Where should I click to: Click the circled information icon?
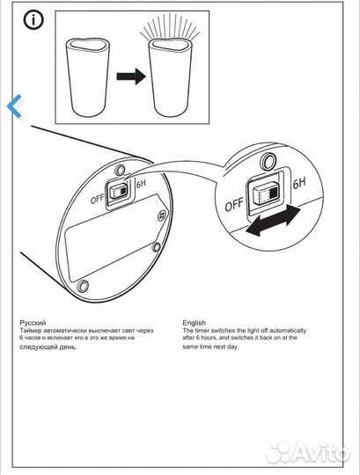pos(33,20)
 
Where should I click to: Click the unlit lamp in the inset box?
pos(87,77)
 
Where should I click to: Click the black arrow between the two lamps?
pos(131,76)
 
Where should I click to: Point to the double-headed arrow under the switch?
pos(273,220)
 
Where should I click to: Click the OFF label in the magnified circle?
pos(234,205)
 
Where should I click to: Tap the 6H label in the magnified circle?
pos(299,184)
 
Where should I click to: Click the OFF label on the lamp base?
pos(98,199)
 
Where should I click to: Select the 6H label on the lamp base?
pos(141,184)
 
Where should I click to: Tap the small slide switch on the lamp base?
pos(120,190)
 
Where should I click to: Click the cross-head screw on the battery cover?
pos(163,216)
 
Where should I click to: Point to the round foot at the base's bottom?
pos(83,285)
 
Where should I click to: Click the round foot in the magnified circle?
pos(268,161)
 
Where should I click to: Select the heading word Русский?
pos(33,323)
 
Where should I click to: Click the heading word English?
pos(194,323)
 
